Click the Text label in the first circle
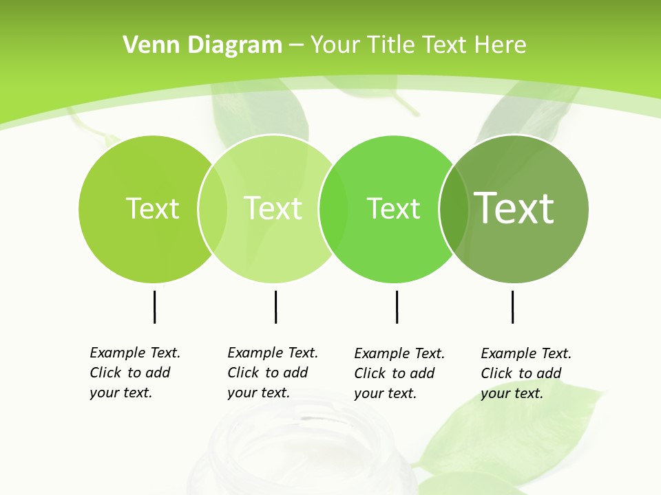(x=152, y=208)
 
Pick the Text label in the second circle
(x=273, y=208)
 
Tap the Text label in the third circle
(x=393, y=208)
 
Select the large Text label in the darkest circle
(x=514, y=208)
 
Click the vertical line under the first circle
(x=154, y=307)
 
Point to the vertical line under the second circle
(x=275, y=307)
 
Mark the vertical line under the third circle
(x=397, y=307)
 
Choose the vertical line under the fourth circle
(x=512, y=307)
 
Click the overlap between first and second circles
(x=213, y=208)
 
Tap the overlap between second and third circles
(x=333, y=208)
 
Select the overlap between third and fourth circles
(x=454, y=208)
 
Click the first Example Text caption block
(x=134, y=373)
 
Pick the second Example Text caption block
(x=272, y=373)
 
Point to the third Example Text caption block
(x=399, y=373)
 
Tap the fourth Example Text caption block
(x=525, y=373)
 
